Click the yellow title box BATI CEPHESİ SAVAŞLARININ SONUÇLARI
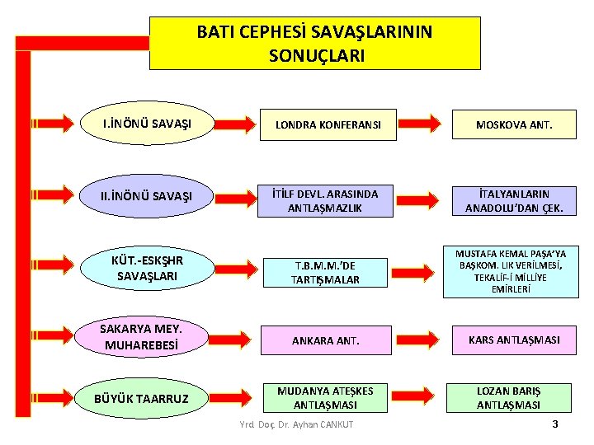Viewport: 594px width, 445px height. coord(314,44)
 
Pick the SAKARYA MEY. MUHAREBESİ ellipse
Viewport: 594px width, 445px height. coord(142,338)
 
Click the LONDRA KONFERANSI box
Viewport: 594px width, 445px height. coord(328,125)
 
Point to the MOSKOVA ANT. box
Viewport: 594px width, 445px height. coord(514,125)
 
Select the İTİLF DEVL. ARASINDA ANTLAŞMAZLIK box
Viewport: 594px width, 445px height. coord(328,201)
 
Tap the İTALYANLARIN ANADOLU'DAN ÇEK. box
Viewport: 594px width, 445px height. coord(514,201)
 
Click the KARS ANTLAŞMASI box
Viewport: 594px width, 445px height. coord(514,340)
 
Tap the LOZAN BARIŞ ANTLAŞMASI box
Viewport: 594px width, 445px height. coord(509,398)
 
